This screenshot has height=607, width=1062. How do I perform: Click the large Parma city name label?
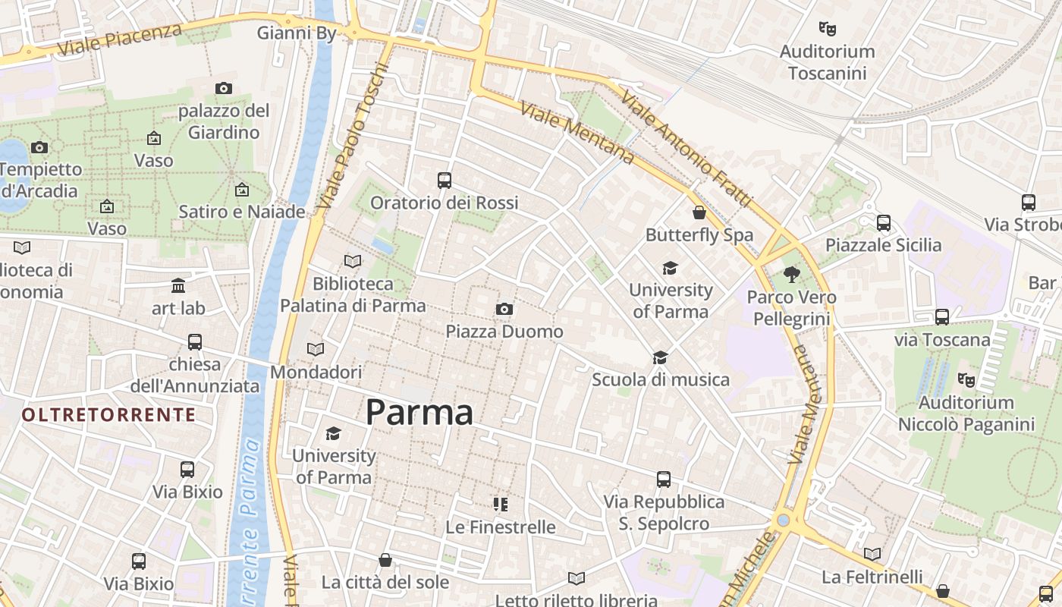[419, 413]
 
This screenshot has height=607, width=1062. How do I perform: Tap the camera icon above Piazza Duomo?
[504, 309]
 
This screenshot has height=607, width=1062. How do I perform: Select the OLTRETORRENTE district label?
[108, 415]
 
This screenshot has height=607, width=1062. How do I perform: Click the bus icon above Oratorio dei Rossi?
[445, 181]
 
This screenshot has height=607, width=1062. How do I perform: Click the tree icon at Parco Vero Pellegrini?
[792, 275]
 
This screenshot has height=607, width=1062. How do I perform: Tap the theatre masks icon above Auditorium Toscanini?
[828, 29]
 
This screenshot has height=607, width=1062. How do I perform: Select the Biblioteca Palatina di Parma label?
[353, 294]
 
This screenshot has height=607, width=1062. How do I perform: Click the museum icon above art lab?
[178, 285]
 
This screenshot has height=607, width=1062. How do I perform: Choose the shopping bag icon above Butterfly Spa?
[699, 212]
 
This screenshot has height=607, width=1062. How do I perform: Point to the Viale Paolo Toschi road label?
[353, 137]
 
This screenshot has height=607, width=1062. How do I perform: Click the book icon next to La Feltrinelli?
[872, 554]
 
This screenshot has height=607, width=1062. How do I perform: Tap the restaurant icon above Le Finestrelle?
[500, 504]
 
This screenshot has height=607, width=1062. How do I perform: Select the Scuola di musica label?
[661, 379]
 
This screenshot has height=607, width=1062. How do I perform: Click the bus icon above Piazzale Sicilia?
[884, 223]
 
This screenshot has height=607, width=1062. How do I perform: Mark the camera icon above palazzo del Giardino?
[223, 88]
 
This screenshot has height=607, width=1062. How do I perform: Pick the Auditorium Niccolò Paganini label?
[966, 414]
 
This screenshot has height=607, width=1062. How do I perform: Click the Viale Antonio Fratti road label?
[687, 149]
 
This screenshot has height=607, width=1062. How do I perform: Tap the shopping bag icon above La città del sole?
[385, 560]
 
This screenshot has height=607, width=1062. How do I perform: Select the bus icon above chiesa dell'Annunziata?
[195, 341]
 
